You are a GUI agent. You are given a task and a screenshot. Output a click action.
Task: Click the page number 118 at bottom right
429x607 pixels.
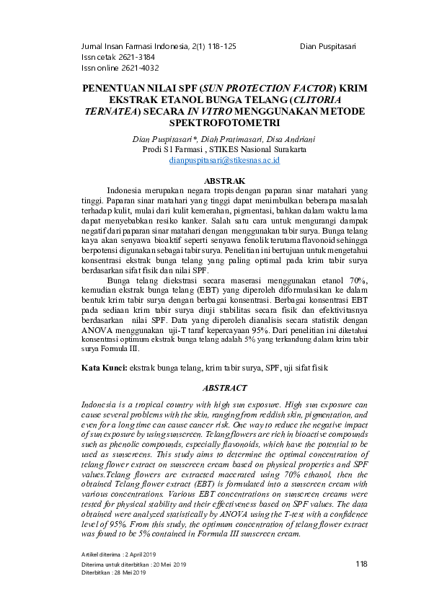[x=363, y=562]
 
